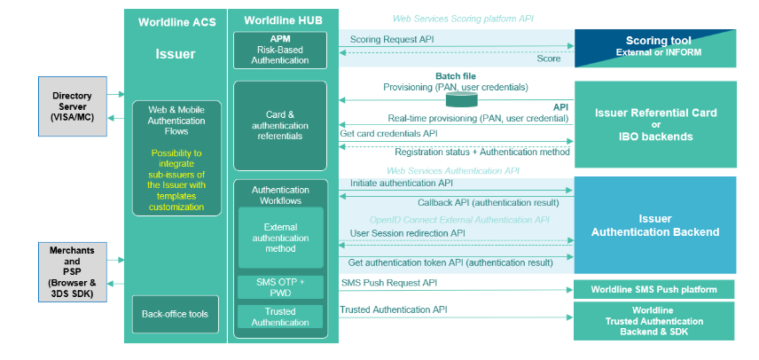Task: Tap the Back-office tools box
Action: pos(175,314)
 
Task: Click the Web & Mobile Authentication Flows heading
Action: pos(176,121)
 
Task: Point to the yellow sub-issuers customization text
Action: pos(176,180)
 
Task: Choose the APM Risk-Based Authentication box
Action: pos(279,50)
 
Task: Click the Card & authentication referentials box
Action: pos(280,125)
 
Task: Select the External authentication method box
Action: pos(280,237)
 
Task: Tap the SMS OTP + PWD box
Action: pos(280,287)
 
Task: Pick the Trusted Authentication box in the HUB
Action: pos(280,317)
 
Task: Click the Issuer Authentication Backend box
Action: pos(655,224)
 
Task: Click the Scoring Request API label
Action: pos(390,40)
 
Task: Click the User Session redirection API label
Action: pos(407,232)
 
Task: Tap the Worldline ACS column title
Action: pos(176,20)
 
